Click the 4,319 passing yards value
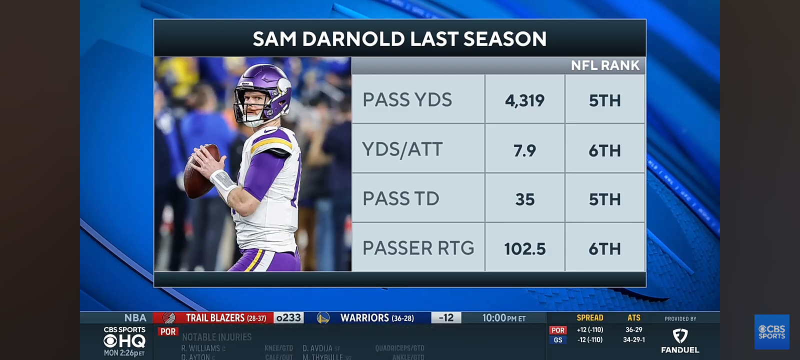coord(524,100)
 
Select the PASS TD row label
coord(400,199)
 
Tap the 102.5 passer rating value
coord(524,248)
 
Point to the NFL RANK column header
coord(605,65)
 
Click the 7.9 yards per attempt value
coord(524,150)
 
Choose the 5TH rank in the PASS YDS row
coord(604,100)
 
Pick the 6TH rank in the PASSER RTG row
coord(604,248)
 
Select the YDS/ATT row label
coord(402,149)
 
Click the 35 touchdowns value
coord(524,199)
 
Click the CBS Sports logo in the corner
coord(771,332)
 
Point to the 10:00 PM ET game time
coord(503,318)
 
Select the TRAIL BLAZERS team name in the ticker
coord(215,318)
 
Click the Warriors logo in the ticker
coord(323,318)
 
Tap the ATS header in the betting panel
coord(633,318)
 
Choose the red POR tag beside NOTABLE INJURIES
coord(168,331)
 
